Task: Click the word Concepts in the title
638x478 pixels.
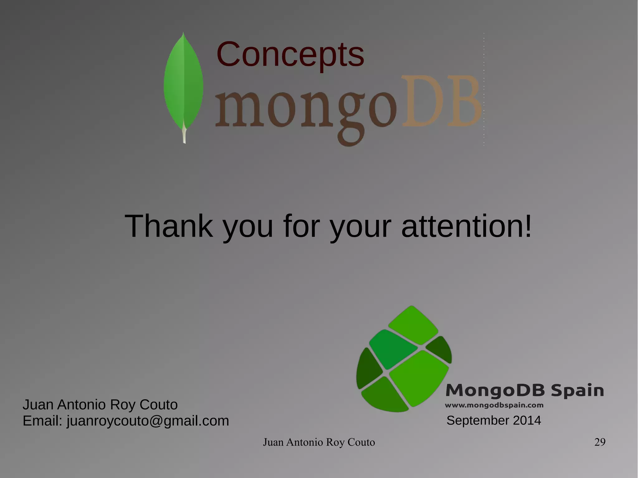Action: (x=290, y=54)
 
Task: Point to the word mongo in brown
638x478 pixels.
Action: (x=306, y=111)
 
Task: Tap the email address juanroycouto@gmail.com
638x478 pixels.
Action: (x=148, y=421)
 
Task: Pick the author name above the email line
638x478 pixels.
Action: (x=100, y=405)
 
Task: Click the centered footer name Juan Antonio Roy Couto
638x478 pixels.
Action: (x=319, y=442)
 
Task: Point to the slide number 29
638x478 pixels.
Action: (x=600, y=442)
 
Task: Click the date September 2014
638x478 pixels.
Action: (x=494, y=420)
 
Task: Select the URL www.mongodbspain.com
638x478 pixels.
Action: (x=494, y=405)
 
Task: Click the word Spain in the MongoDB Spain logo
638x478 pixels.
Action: (x=577, y=390)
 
